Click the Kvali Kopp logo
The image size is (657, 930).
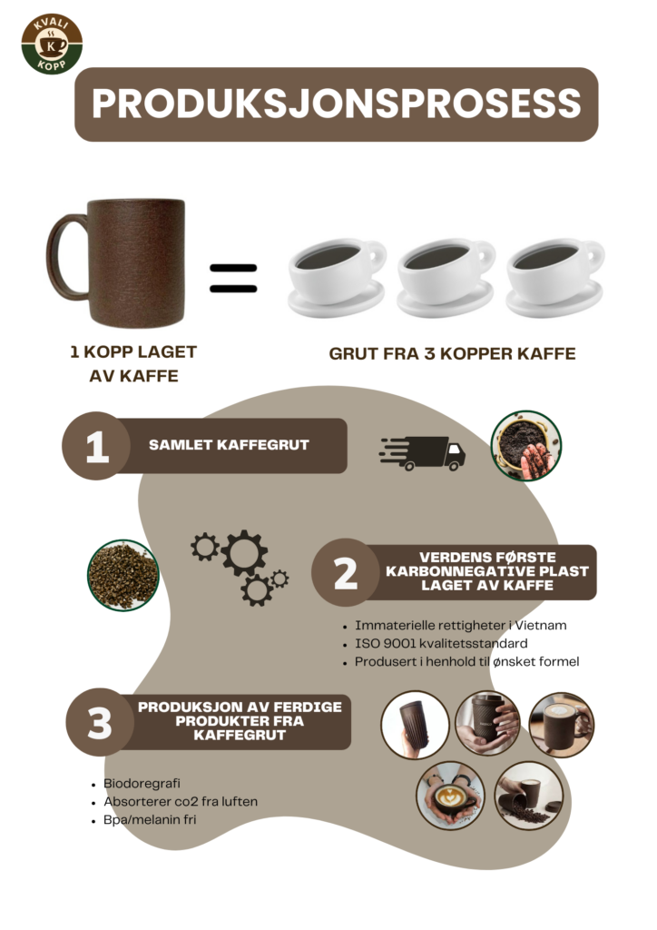point(52,45)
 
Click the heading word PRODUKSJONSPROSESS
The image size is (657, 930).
point(336,104)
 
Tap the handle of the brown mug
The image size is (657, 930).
point(63,256)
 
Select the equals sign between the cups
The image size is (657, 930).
point(233,278)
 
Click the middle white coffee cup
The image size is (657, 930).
point(446,276)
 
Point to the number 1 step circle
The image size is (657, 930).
point(96,445)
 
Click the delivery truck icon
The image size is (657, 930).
point(422,454)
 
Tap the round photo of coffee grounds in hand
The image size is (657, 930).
point(526,445)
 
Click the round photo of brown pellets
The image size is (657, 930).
point(123,575)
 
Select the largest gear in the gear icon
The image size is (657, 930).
point(244,553)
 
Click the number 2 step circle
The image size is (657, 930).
point(346,572)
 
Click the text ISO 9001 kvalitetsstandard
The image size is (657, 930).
point(441,644)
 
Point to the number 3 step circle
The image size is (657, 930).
point(100,722)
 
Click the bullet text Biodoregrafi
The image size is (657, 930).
point(142,784)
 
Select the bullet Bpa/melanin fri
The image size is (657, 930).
point(150,820)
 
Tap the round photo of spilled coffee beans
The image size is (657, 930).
point(529,796)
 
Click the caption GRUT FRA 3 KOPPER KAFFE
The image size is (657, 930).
point(452,353)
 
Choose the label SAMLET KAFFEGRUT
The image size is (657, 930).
point(229,445)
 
